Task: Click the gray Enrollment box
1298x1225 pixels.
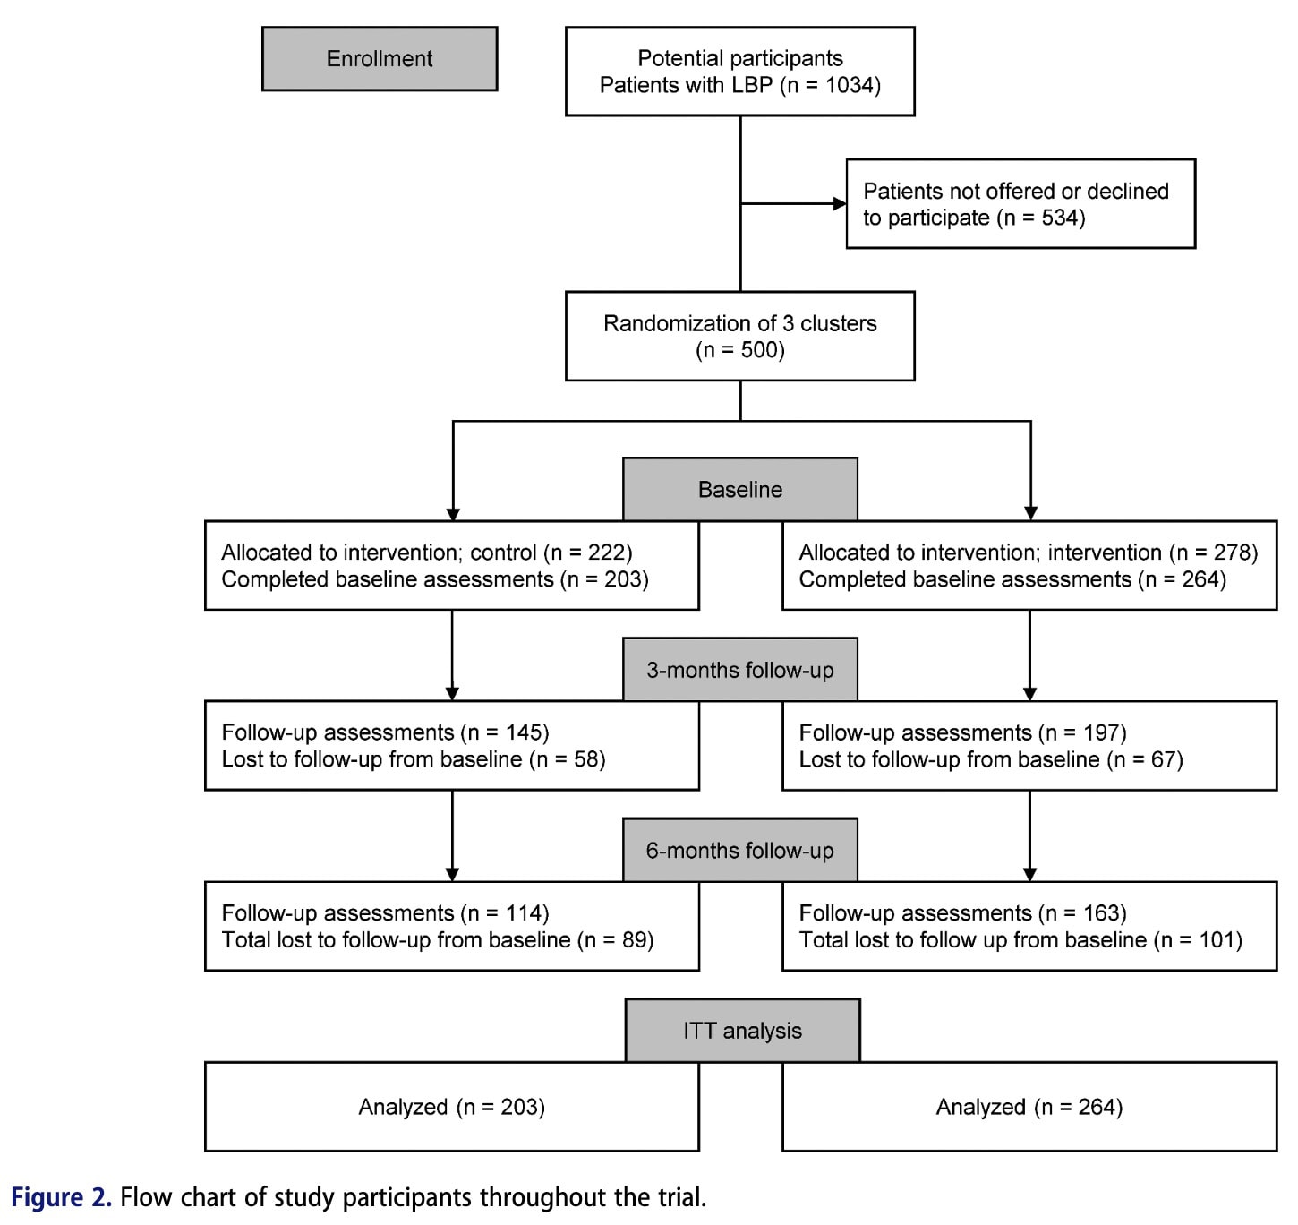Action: click(x=380, y=59)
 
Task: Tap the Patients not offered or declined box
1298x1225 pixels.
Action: click(x=1020, y=204)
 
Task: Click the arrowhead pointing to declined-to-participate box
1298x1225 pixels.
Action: click(x=840, y=204)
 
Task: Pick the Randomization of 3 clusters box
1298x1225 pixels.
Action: click(x=739, y=336)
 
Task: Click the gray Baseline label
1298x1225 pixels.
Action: click(x=739, y=490)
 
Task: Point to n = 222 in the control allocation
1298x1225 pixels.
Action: click(x=587, y=553)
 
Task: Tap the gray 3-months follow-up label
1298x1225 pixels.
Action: click(x=739, y=670)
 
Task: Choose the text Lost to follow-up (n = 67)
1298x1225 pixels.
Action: click(x=990, y=760)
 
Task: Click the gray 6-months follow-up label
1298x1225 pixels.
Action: click(x=739, y=851)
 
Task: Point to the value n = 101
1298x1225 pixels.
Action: click(x=1198, y=940)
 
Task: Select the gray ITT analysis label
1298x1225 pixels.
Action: click(x=742, y=1031)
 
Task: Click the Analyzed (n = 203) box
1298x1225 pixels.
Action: click(x=451, y=1107)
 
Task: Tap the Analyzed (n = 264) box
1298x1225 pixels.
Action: click(x=1029, y=1107)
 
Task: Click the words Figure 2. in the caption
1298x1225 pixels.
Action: click(x=61, y=1197)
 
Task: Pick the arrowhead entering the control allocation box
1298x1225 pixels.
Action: click(x=453, y=514)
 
